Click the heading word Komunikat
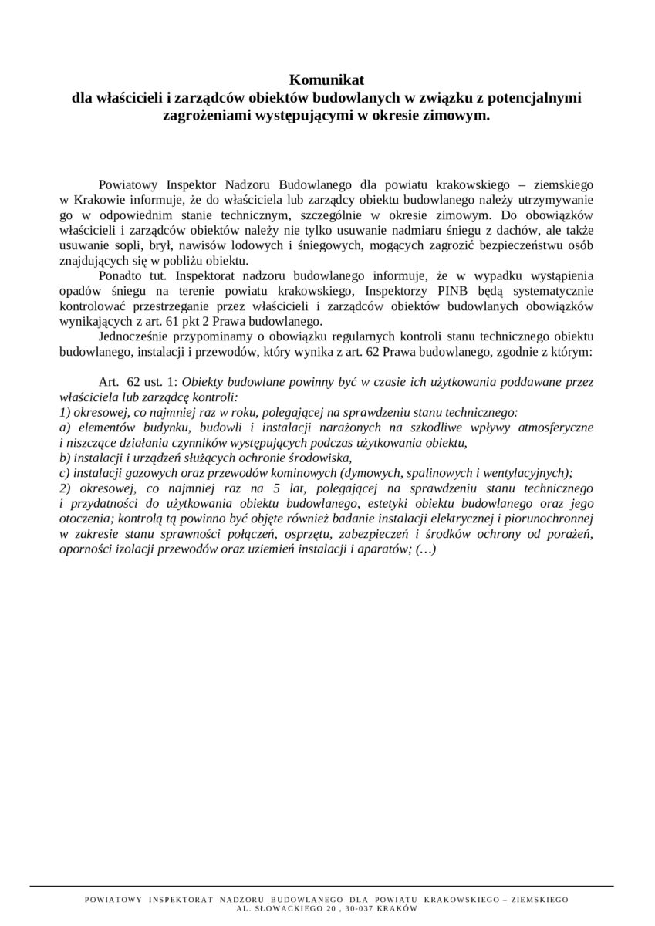(x=326, y=79)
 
